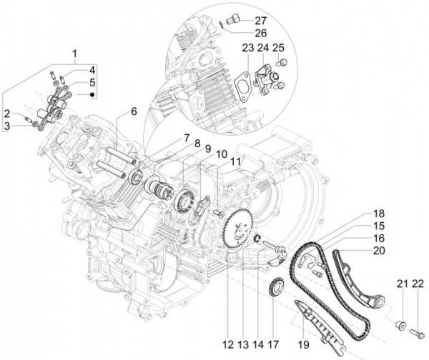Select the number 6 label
(133, 111)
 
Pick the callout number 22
(418, 286)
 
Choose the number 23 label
(247, 48)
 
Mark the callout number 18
(378, 214)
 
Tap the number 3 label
(7, 126)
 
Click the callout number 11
(237, 163)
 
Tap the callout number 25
(279, 48)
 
